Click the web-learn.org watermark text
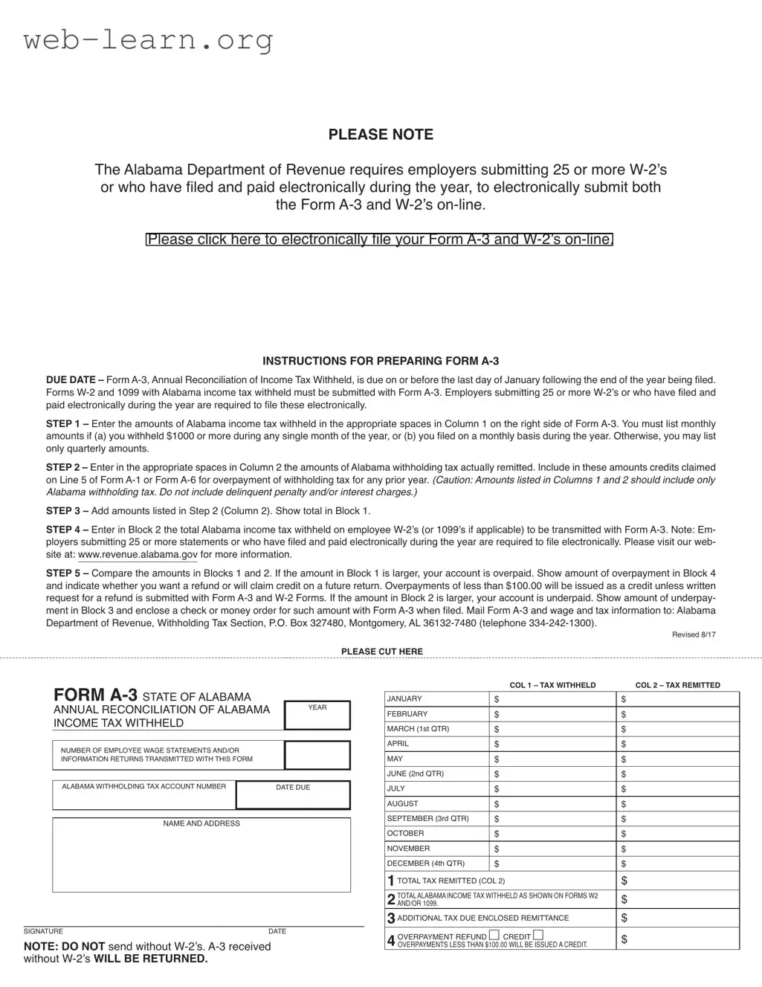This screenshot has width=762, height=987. click(149, 39)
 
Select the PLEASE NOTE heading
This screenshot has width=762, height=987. click(381, 135)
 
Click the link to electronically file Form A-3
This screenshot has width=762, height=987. click(379, 239)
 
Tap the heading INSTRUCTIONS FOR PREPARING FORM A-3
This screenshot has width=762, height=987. click(381, 361)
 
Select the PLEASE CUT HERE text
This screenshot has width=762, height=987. click(382, 652)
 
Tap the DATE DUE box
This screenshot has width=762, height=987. click(293, 796)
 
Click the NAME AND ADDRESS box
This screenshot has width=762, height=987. click(201, 855)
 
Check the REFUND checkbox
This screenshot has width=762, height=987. click(494, 935)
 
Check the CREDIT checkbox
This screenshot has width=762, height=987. click(538, 935)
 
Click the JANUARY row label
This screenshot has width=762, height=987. click(404, 699)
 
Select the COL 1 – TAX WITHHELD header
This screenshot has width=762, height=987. click(552, 685)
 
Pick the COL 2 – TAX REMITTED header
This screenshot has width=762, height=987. click(677, 685)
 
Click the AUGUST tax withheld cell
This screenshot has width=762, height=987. click(553, 804)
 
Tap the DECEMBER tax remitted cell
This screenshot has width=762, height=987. click(678, 864)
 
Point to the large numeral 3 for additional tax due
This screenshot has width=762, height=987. click(391, 919)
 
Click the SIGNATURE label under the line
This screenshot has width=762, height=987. click(43, 931)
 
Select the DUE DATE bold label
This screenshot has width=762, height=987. click(74, 380)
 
